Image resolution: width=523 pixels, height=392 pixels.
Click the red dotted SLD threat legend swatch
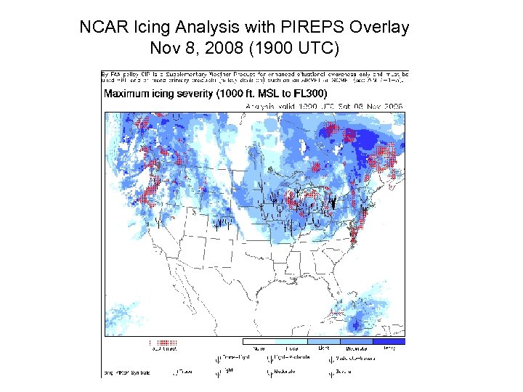(163, 341)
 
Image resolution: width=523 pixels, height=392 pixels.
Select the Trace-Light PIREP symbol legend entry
(232, 358)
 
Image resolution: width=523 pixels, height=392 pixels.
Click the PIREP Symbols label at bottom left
(127, 372)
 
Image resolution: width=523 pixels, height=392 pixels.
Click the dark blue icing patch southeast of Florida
(356, 323)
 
